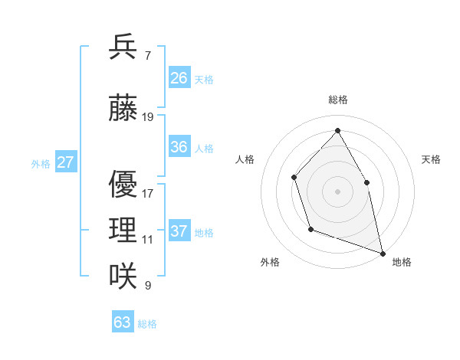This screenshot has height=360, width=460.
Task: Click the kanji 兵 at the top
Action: point(123,47)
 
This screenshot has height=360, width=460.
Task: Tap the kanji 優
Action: point(123,185)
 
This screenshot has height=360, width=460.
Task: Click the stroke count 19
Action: point(148,117)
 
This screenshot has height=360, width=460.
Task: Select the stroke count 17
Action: point(148,193)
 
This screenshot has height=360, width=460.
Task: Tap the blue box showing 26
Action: point(179,78)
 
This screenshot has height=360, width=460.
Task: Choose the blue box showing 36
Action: point(179,147)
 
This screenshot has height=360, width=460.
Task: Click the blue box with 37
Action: point(179,231)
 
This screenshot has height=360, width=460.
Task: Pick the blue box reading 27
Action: point(66,162)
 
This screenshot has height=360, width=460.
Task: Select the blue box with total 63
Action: point(123,322)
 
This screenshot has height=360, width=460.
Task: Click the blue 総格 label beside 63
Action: point(147,324)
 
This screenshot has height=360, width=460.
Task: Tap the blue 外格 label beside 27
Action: point(41,163)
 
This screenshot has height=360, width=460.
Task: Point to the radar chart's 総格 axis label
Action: point(337,100)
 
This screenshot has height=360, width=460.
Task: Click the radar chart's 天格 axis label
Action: point(431,159)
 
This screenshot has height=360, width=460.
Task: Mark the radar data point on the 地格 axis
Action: point(382,252)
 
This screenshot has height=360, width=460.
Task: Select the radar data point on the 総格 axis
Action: point(337,129)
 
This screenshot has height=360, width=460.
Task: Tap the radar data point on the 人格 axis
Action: point(294,178)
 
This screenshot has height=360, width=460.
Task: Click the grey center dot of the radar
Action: point(337,191)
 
